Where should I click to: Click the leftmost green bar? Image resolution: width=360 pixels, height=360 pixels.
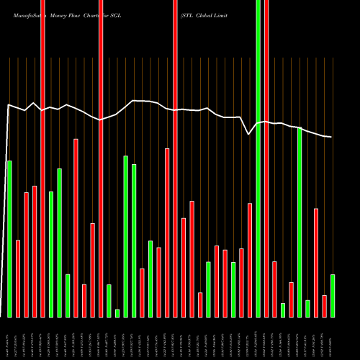pos(10,238)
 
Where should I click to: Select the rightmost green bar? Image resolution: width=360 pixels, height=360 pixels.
pos(333,295)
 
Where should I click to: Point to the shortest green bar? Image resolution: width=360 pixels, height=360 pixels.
pos(117,312)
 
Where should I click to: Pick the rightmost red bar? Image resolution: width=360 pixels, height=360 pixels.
pos(324,306)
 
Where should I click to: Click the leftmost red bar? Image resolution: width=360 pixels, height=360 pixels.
pos(18,278)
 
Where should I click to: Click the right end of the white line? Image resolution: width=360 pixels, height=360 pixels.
pos(331,137)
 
